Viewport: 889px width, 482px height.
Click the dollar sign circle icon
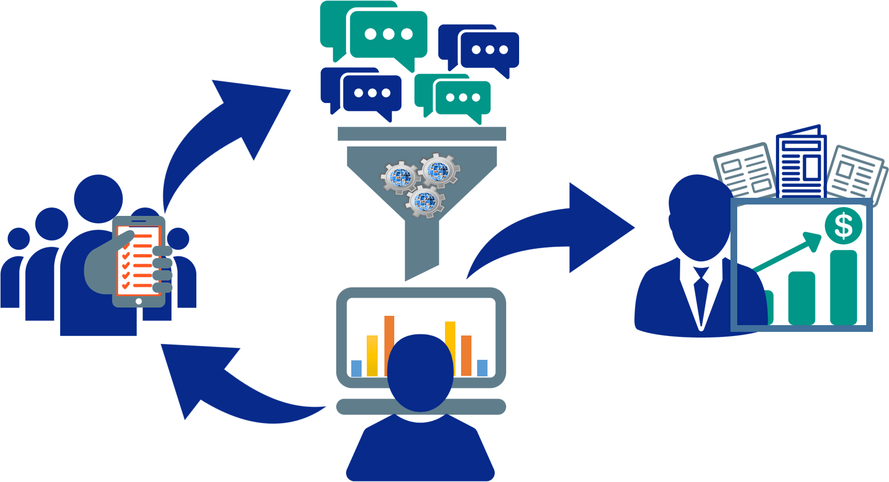(x=843, y=226)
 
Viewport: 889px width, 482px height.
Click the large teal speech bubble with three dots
(x=389, y=35)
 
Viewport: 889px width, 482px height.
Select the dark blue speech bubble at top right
(x=489, y=50)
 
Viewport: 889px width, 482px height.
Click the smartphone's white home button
(x=138, y=301)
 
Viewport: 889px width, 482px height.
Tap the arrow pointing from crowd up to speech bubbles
(x=223, y=135)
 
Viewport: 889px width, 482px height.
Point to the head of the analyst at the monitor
(x=421, y=370)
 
